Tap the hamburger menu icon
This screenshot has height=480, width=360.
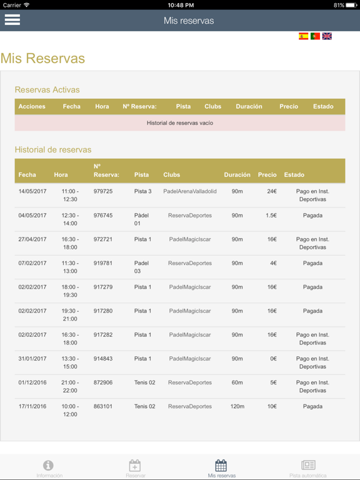pos(12,19)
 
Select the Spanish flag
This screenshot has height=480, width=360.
pos(303,36)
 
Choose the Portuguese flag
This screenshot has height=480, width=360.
pos(315,36)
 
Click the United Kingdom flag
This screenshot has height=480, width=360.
pos(327,36)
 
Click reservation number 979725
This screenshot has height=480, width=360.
pos(103,191)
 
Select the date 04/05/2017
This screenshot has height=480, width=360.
pos(32,216)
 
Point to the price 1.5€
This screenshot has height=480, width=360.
pos(271,216)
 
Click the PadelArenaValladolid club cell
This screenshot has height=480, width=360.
pos(190,191)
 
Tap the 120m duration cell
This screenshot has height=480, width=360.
pos(237,406)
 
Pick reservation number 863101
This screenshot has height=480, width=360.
pos(103,406)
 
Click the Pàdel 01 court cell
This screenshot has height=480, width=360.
pos(142,219)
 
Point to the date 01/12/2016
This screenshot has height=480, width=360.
pos(32,382)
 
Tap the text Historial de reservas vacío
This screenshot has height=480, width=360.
pos(180,123)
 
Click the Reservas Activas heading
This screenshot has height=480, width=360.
pos(47,90)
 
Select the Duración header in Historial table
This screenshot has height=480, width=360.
pos(237,175)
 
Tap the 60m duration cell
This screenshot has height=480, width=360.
pos(237,382)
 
